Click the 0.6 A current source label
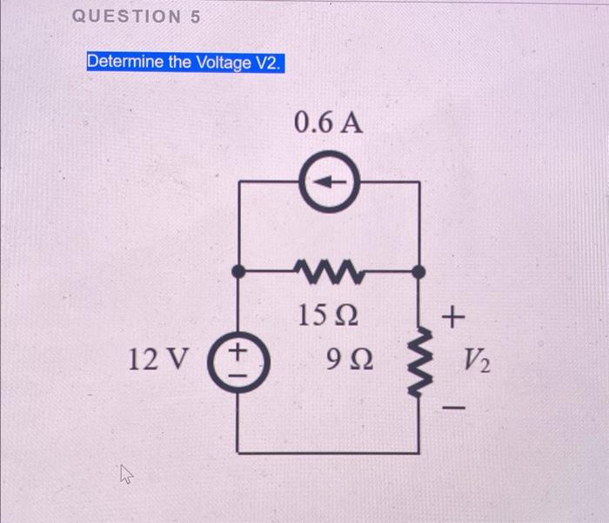pyautogui.click(x=328, y=123)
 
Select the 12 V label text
pyautogui.click(x=154, y=358)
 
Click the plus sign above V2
pyautogui.click(x=452, y=317)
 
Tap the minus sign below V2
pyautogui.click(x=453, y=404)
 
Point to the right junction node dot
pyautogui.click(x=419, y=271)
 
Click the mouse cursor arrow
pyautogui.click(x=127, y=473)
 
